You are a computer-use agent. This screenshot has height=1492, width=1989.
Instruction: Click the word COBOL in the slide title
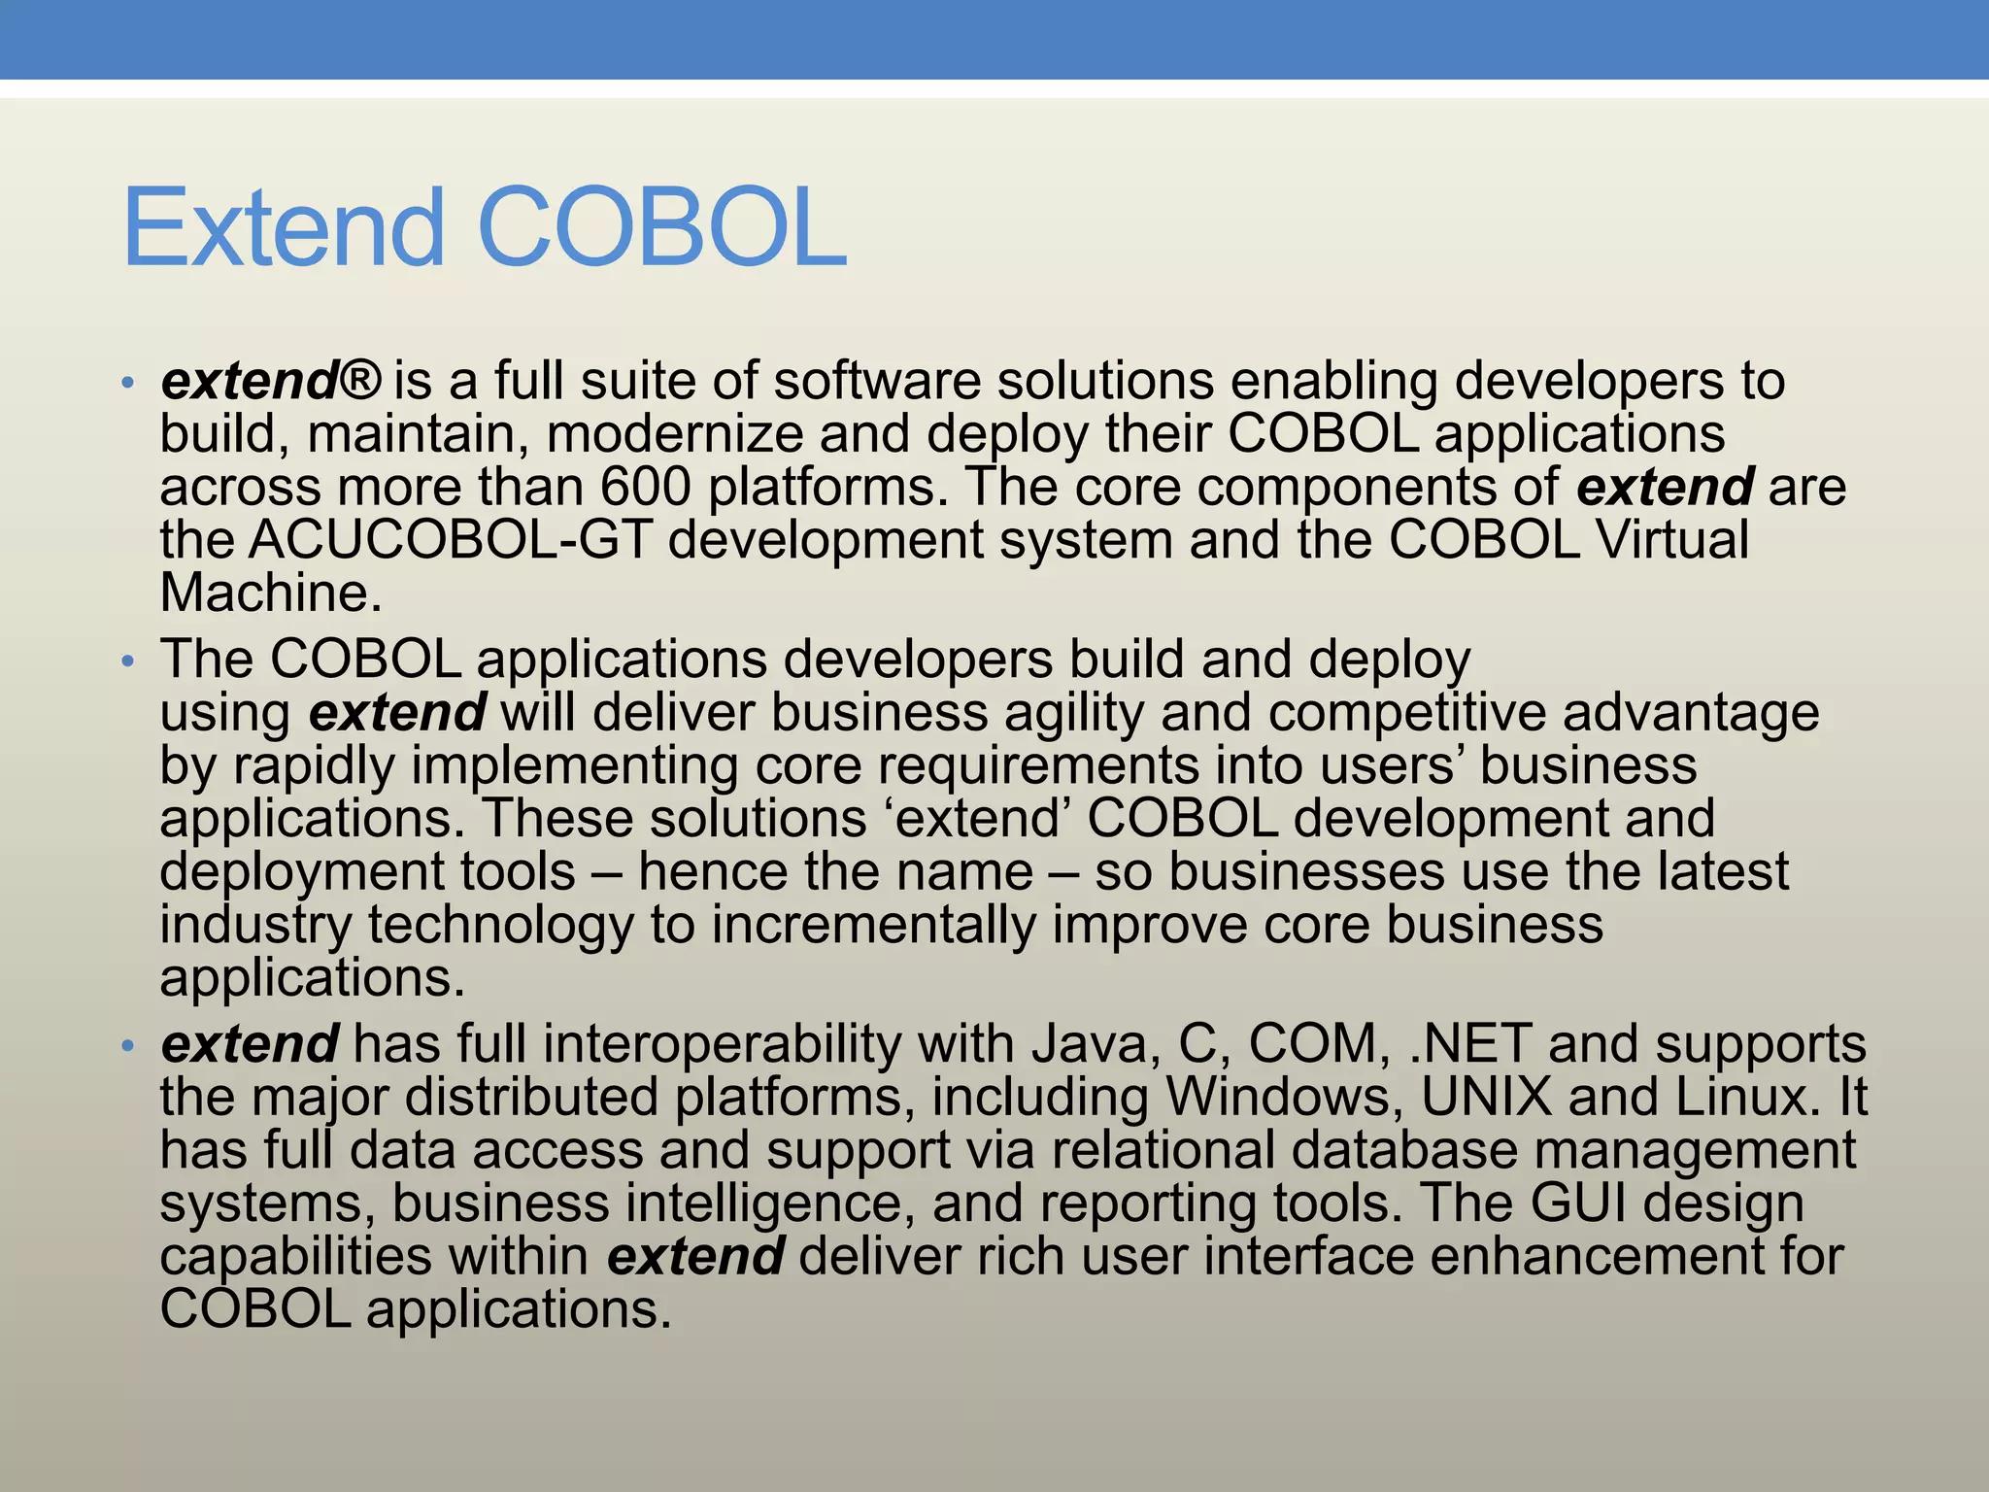pyautogui.click(x=663, y=229)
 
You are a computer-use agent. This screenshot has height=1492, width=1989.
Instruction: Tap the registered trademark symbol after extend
pyautogui.click(x=361, y=380)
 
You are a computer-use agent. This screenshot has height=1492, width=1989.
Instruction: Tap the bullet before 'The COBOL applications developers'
pyautogui.click(x=127, y=661)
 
